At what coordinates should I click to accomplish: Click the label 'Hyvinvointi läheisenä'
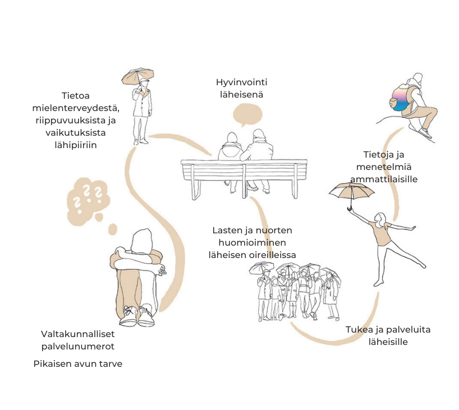click(242, 89)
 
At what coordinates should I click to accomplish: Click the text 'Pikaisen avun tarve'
click(77, 363)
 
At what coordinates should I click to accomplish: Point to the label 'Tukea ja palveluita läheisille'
click(388, 335)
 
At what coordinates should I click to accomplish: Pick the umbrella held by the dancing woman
click(351, 193)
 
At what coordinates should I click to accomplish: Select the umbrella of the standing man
click(137, 76)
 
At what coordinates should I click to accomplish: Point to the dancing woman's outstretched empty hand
click(414, 228)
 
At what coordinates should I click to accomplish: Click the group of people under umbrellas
click(296, 291)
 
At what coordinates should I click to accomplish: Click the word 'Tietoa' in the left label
click(76, 95)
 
